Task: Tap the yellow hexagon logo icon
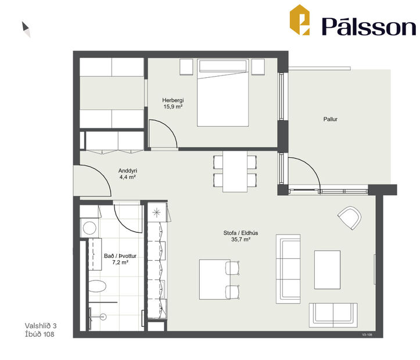click(x=300, y=20)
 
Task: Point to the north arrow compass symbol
click(x=26, y=29)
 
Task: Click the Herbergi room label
click(x=173, y=100)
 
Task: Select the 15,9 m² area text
click(x=173, y=107)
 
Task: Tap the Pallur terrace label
click(x=331, y=119)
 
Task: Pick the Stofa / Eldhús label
click(x=240, y=233)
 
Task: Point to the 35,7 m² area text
click(x=240, y=239)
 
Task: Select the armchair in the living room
click(x=350, y=218)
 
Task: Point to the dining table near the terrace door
click(x=235, y=171)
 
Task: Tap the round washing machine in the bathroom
click(x=89, y=227)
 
